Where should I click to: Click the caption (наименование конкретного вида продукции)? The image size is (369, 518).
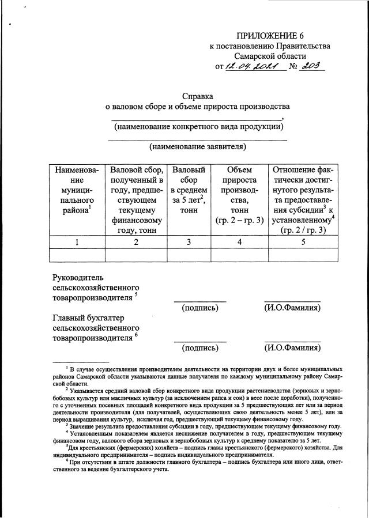coord(198,126)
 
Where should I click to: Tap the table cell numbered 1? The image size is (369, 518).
coord(77,242)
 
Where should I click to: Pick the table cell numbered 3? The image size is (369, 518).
coord(188,242)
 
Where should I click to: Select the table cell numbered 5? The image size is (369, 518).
coord(303,242)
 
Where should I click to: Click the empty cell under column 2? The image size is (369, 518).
coord(136,255)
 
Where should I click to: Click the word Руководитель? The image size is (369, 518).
coord(81,277)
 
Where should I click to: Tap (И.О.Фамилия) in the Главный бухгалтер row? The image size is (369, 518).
coord(292,348)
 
